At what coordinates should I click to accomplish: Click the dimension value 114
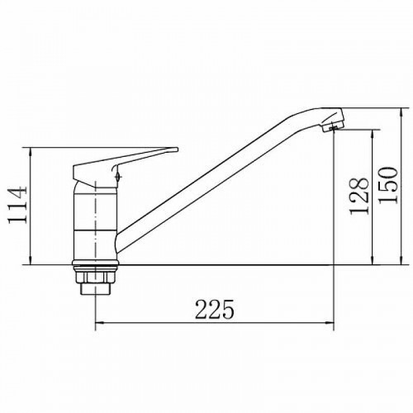pyautogui.click(x=17, y=206)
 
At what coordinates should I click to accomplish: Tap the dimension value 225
pyautogui.click(x=215, y=309)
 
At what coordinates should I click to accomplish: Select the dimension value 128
pyautogui.click(x=358, y=196)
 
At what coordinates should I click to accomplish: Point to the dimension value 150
pyautogui.click(x=388, y=185)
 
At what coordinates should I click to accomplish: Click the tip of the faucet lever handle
pyautogui.click(x=177, y=150)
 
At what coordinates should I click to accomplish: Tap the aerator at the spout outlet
pyautogui.click(x=333, y=126)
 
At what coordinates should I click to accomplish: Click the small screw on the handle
pyautogui.click(x=118, y=176)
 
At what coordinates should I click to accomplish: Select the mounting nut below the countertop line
pyautogui.click(x=95, y=276)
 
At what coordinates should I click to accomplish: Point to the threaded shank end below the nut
pyautogui.click(x=95, y=288)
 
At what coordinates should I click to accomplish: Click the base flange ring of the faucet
pyautogui.click(x=95, y=263)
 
